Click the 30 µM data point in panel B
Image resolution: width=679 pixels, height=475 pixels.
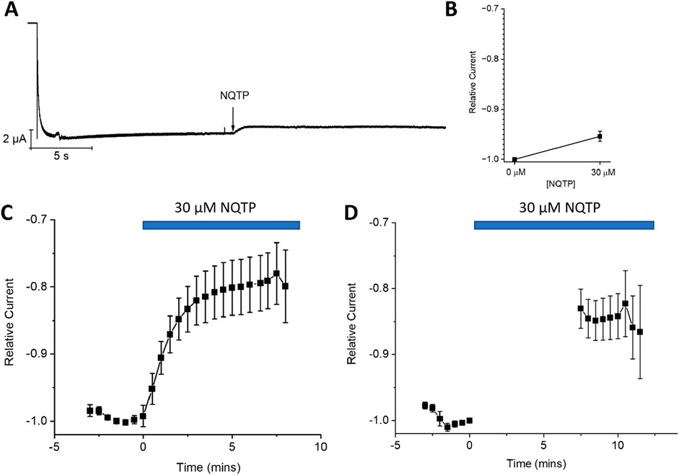[600, 136]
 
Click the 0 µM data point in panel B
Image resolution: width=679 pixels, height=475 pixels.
[514, 159]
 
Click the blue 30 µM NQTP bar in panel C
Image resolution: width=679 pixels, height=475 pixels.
[221, 226]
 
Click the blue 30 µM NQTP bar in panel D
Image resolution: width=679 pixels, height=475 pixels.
[564, 226]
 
